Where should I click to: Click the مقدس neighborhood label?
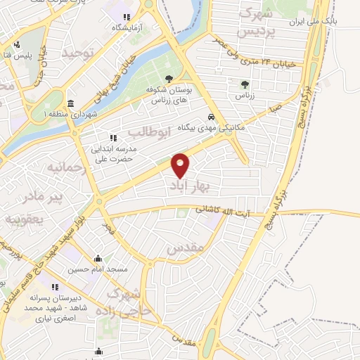(x=186, y=248)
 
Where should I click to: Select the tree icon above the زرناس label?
(x=244, y=84)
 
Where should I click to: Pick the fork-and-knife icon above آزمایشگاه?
(x=126, y=17)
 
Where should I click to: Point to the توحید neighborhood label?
(x=77, y=53)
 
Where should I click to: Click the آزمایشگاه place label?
(x=127, y=27)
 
